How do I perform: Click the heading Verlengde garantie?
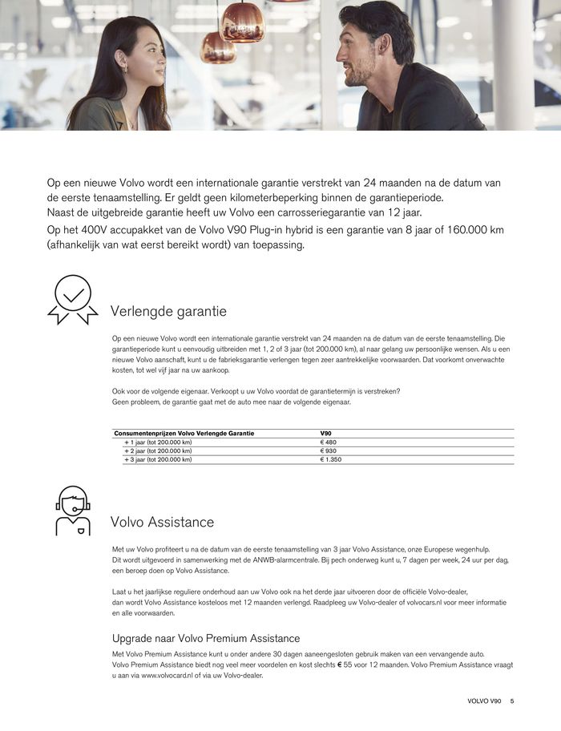pos(168,311)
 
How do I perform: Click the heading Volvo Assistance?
pos(162,522)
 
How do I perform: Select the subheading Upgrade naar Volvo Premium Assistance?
pos(206,638)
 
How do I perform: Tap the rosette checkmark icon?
pos(72,300)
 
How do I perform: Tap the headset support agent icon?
pos(73,511)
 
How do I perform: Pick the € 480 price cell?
pos(329,442)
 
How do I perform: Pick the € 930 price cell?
pos(329,451)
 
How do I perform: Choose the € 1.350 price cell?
pos(331,460)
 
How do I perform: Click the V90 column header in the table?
pos(325,434)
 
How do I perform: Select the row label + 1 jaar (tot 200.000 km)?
pos(158,442)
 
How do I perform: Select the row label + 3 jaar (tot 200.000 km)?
pos(158,460)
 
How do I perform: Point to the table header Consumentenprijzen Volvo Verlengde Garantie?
pos(184,434)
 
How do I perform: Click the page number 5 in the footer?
pos(512,701)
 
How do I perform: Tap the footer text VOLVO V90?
pos(484,701)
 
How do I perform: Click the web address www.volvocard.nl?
pos(171,675)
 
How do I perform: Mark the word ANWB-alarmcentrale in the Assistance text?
pos(305,559)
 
